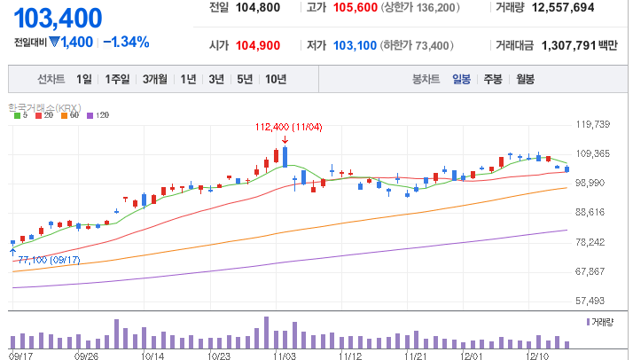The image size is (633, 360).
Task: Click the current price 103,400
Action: tap(58, 18)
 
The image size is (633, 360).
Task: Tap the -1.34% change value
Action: tap(127, 42)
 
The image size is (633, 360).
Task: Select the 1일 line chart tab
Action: tap(84, 79)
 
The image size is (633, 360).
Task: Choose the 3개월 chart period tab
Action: tap(154, 79)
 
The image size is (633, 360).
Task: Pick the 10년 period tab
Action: tap(276, 79)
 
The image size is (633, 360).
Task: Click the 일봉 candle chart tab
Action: tap(461, 79)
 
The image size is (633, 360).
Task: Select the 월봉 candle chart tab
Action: tap(525, 79)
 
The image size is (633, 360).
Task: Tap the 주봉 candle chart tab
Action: tap(493, 79)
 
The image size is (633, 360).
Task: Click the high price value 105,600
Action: tap(356, 8)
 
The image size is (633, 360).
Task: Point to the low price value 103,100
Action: tap(355, 45)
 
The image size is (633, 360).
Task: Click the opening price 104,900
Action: tap(258, 45)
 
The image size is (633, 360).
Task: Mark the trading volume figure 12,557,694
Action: tap(563, 8)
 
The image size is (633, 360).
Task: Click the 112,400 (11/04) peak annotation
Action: tap(289, 128)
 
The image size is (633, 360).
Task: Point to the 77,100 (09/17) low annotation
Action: tap(49, 261)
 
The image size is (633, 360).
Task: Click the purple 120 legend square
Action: tap(90, 116)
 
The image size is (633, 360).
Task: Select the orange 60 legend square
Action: tap(64, 116)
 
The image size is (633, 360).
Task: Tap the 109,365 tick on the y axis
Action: tap(592, 153)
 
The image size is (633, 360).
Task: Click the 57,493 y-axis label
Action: tap(590, 301)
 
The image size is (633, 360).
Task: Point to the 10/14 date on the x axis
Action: tap(152, 356)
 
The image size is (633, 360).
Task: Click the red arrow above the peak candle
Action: tap(285, 140)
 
